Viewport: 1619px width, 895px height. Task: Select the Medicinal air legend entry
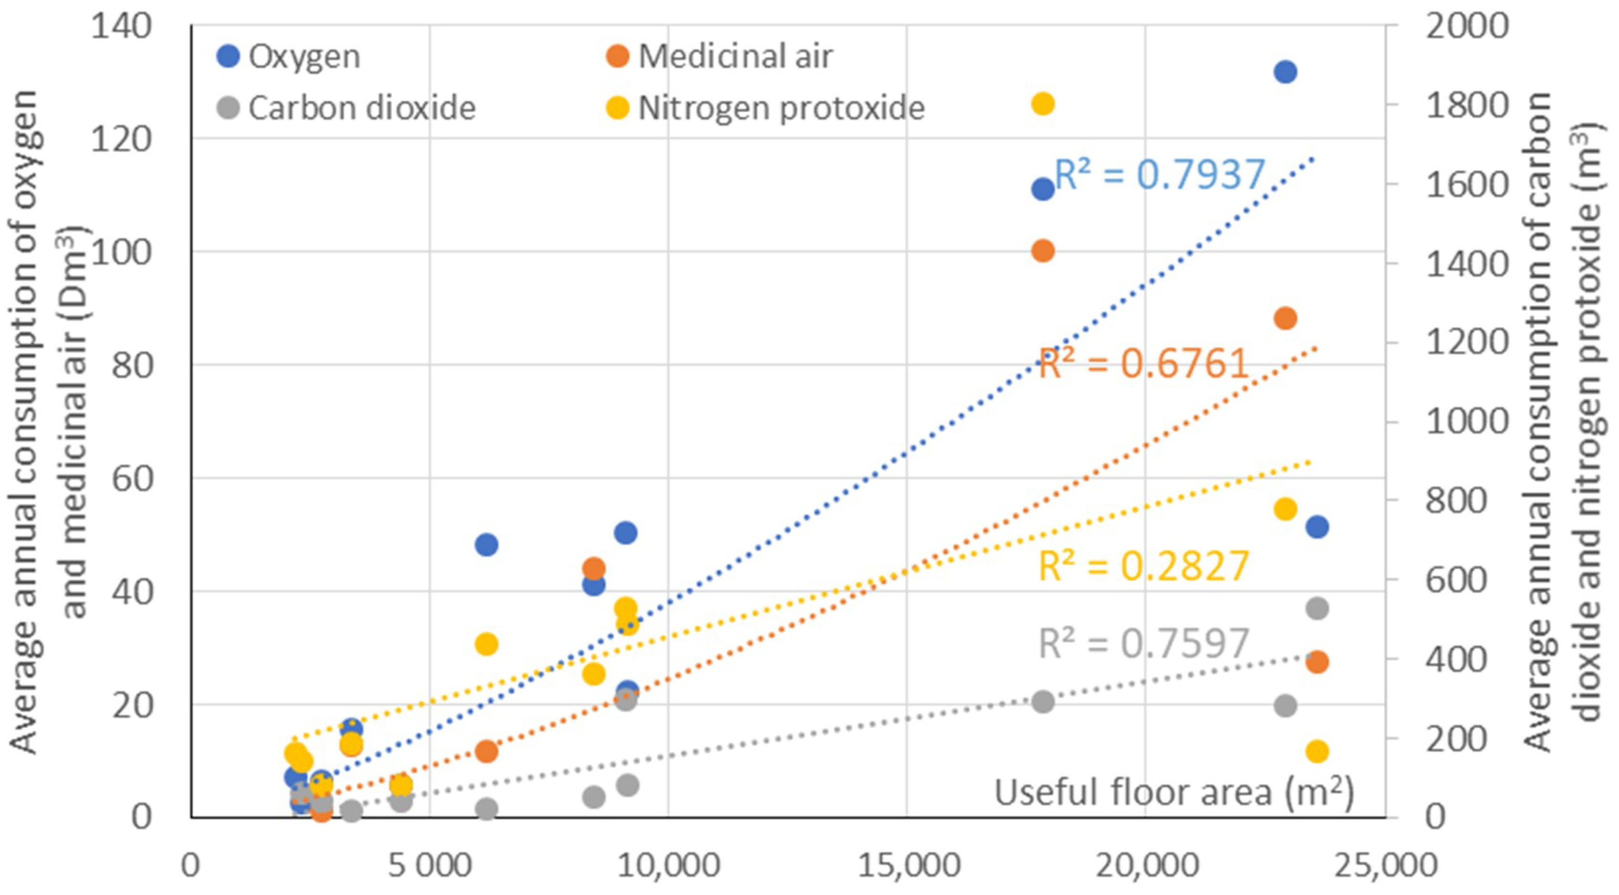point(720,57)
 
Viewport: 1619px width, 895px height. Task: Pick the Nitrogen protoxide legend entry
point(766,108)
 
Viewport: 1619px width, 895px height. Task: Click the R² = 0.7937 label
point(1159,174)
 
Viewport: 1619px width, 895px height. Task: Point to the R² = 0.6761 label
point(1143,363)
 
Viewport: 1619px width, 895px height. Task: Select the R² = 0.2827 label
point(1143,566)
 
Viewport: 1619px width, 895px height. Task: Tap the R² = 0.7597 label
point(1143,643)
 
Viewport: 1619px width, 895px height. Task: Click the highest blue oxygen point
point(1285,72)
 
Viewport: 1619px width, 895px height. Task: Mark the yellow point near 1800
point(1043,104)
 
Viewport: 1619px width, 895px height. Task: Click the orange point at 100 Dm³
point(1043,251)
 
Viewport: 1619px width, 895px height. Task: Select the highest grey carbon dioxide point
point(1317,608)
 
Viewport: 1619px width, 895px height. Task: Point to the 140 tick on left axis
point(121,26)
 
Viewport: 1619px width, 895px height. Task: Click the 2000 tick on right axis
point(1466,26)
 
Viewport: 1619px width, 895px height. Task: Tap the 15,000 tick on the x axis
point(908,865)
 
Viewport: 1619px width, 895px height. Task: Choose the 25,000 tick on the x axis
point(1385,865)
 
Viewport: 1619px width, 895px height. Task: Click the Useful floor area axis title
point(1173,792)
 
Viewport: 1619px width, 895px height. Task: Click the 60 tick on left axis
point(132,478)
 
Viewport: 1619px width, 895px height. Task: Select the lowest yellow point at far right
point(1317,751)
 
